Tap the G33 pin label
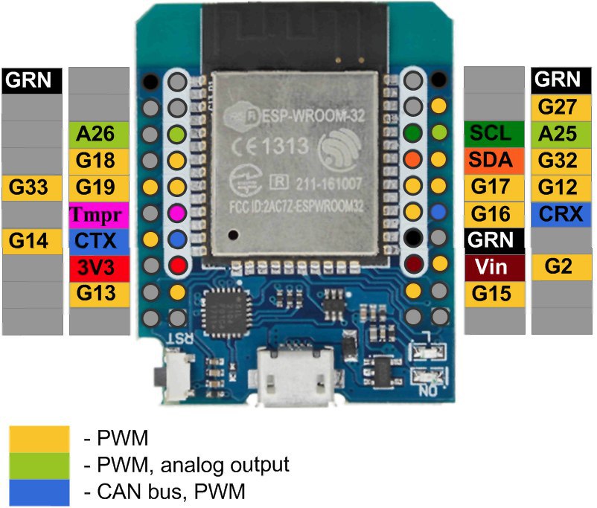pyautogui.click(x=31, y=187)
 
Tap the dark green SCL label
pyautogui.click(x=491, y=134)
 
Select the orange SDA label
pyautogui.click(x=491, y=161)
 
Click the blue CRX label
pyautogui.click(x=561, y=214)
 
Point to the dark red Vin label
pyautogui.click(x=491, y=267)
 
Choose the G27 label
pyautogui.click(x=561, y=108)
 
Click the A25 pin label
pyautogui.click(x=561, y=134)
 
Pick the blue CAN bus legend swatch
pyautogui.click(x=40, y=491)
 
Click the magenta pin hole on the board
pyautogui.click(x=176, y=213)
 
